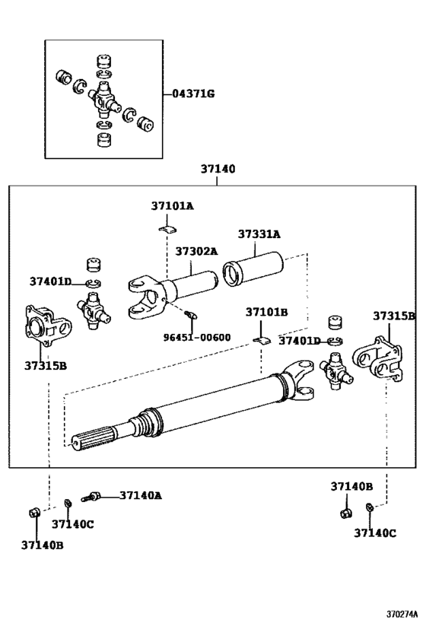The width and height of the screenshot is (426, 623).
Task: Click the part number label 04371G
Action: pos(193,94)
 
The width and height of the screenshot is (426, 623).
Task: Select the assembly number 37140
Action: pos(218,170)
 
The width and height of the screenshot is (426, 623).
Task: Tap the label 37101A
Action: pos(172,206)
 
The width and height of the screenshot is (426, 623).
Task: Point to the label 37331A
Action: pos(259,234)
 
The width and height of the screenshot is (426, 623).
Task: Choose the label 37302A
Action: pos(196,251)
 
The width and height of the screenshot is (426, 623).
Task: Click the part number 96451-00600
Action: pos(196,336)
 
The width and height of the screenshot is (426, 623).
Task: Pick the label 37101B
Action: pos(266,312)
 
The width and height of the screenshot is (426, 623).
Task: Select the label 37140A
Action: pos(140,495)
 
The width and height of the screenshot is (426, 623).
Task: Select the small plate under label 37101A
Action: pos(168,227)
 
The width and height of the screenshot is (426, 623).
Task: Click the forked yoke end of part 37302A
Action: pos(145,294)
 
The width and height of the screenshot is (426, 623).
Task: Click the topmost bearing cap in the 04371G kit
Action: pos(104,60)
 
